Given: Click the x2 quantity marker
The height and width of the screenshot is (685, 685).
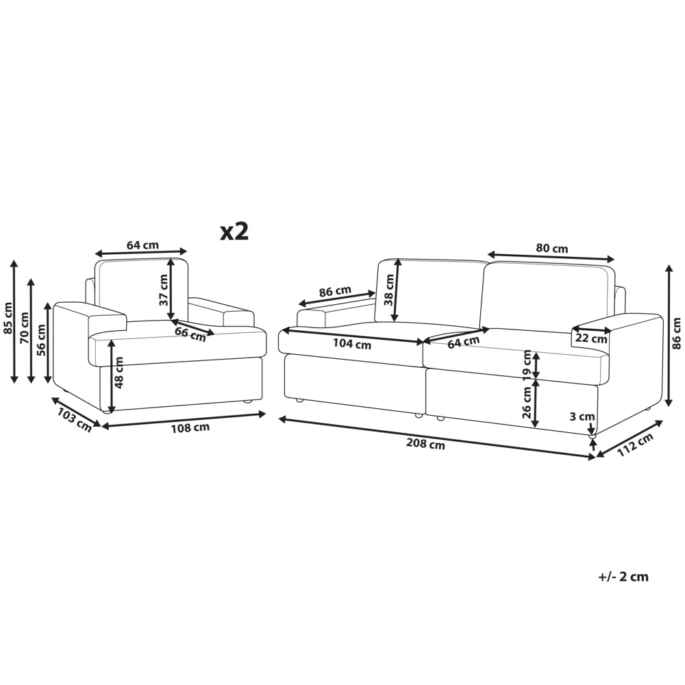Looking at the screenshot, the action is tap(234, 232).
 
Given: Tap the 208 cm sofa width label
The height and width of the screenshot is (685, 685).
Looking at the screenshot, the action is tap(425, 445).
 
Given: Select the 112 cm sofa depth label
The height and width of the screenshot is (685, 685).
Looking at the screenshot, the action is tap(636, 445).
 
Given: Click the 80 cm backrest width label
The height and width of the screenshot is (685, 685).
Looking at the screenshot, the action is tap(552, 249).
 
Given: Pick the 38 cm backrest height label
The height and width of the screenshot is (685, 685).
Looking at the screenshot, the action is tap(389, 289).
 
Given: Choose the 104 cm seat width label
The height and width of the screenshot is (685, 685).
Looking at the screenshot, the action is tap(352, 345).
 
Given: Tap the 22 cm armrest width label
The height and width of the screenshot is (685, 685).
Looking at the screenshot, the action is tap(592, 338).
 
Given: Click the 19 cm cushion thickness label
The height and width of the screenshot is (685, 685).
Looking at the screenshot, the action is tap(527, 364).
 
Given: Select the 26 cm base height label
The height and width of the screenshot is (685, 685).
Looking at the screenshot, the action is tap(527, 403).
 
